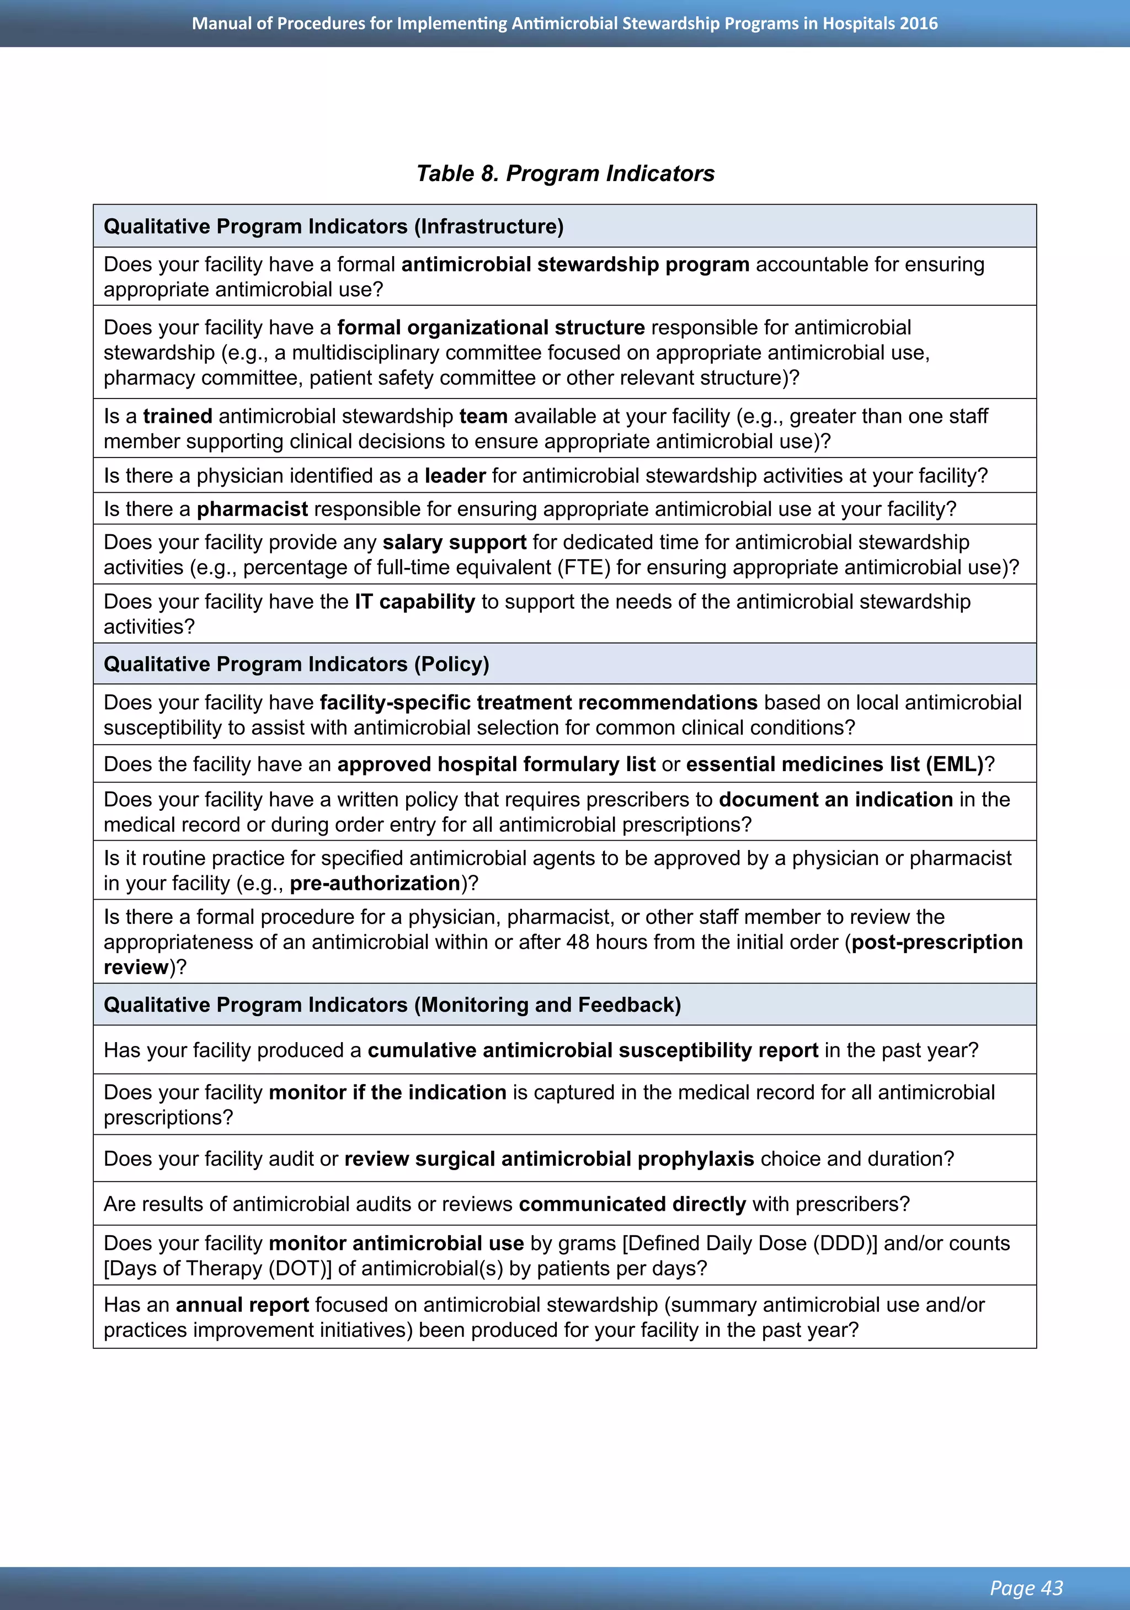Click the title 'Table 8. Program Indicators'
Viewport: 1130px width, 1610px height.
click(x=565, y=173)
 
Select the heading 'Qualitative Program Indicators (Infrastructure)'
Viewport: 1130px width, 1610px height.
click(x=334, y=226)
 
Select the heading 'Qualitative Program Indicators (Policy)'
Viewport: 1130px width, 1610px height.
click(x=296, y=664)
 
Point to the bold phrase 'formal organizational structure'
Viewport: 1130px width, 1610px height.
click(x=491, y=327)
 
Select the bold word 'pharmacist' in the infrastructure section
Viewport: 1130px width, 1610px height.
click(x=252, y=508)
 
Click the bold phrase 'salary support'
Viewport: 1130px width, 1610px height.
click(x=454, y=542)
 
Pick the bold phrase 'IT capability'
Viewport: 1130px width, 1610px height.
click(x=415, y=602)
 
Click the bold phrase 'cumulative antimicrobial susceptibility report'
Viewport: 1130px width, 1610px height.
click(x=593, y=1050)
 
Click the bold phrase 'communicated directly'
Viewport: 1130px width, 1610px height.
click(x=632, y=1204)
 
